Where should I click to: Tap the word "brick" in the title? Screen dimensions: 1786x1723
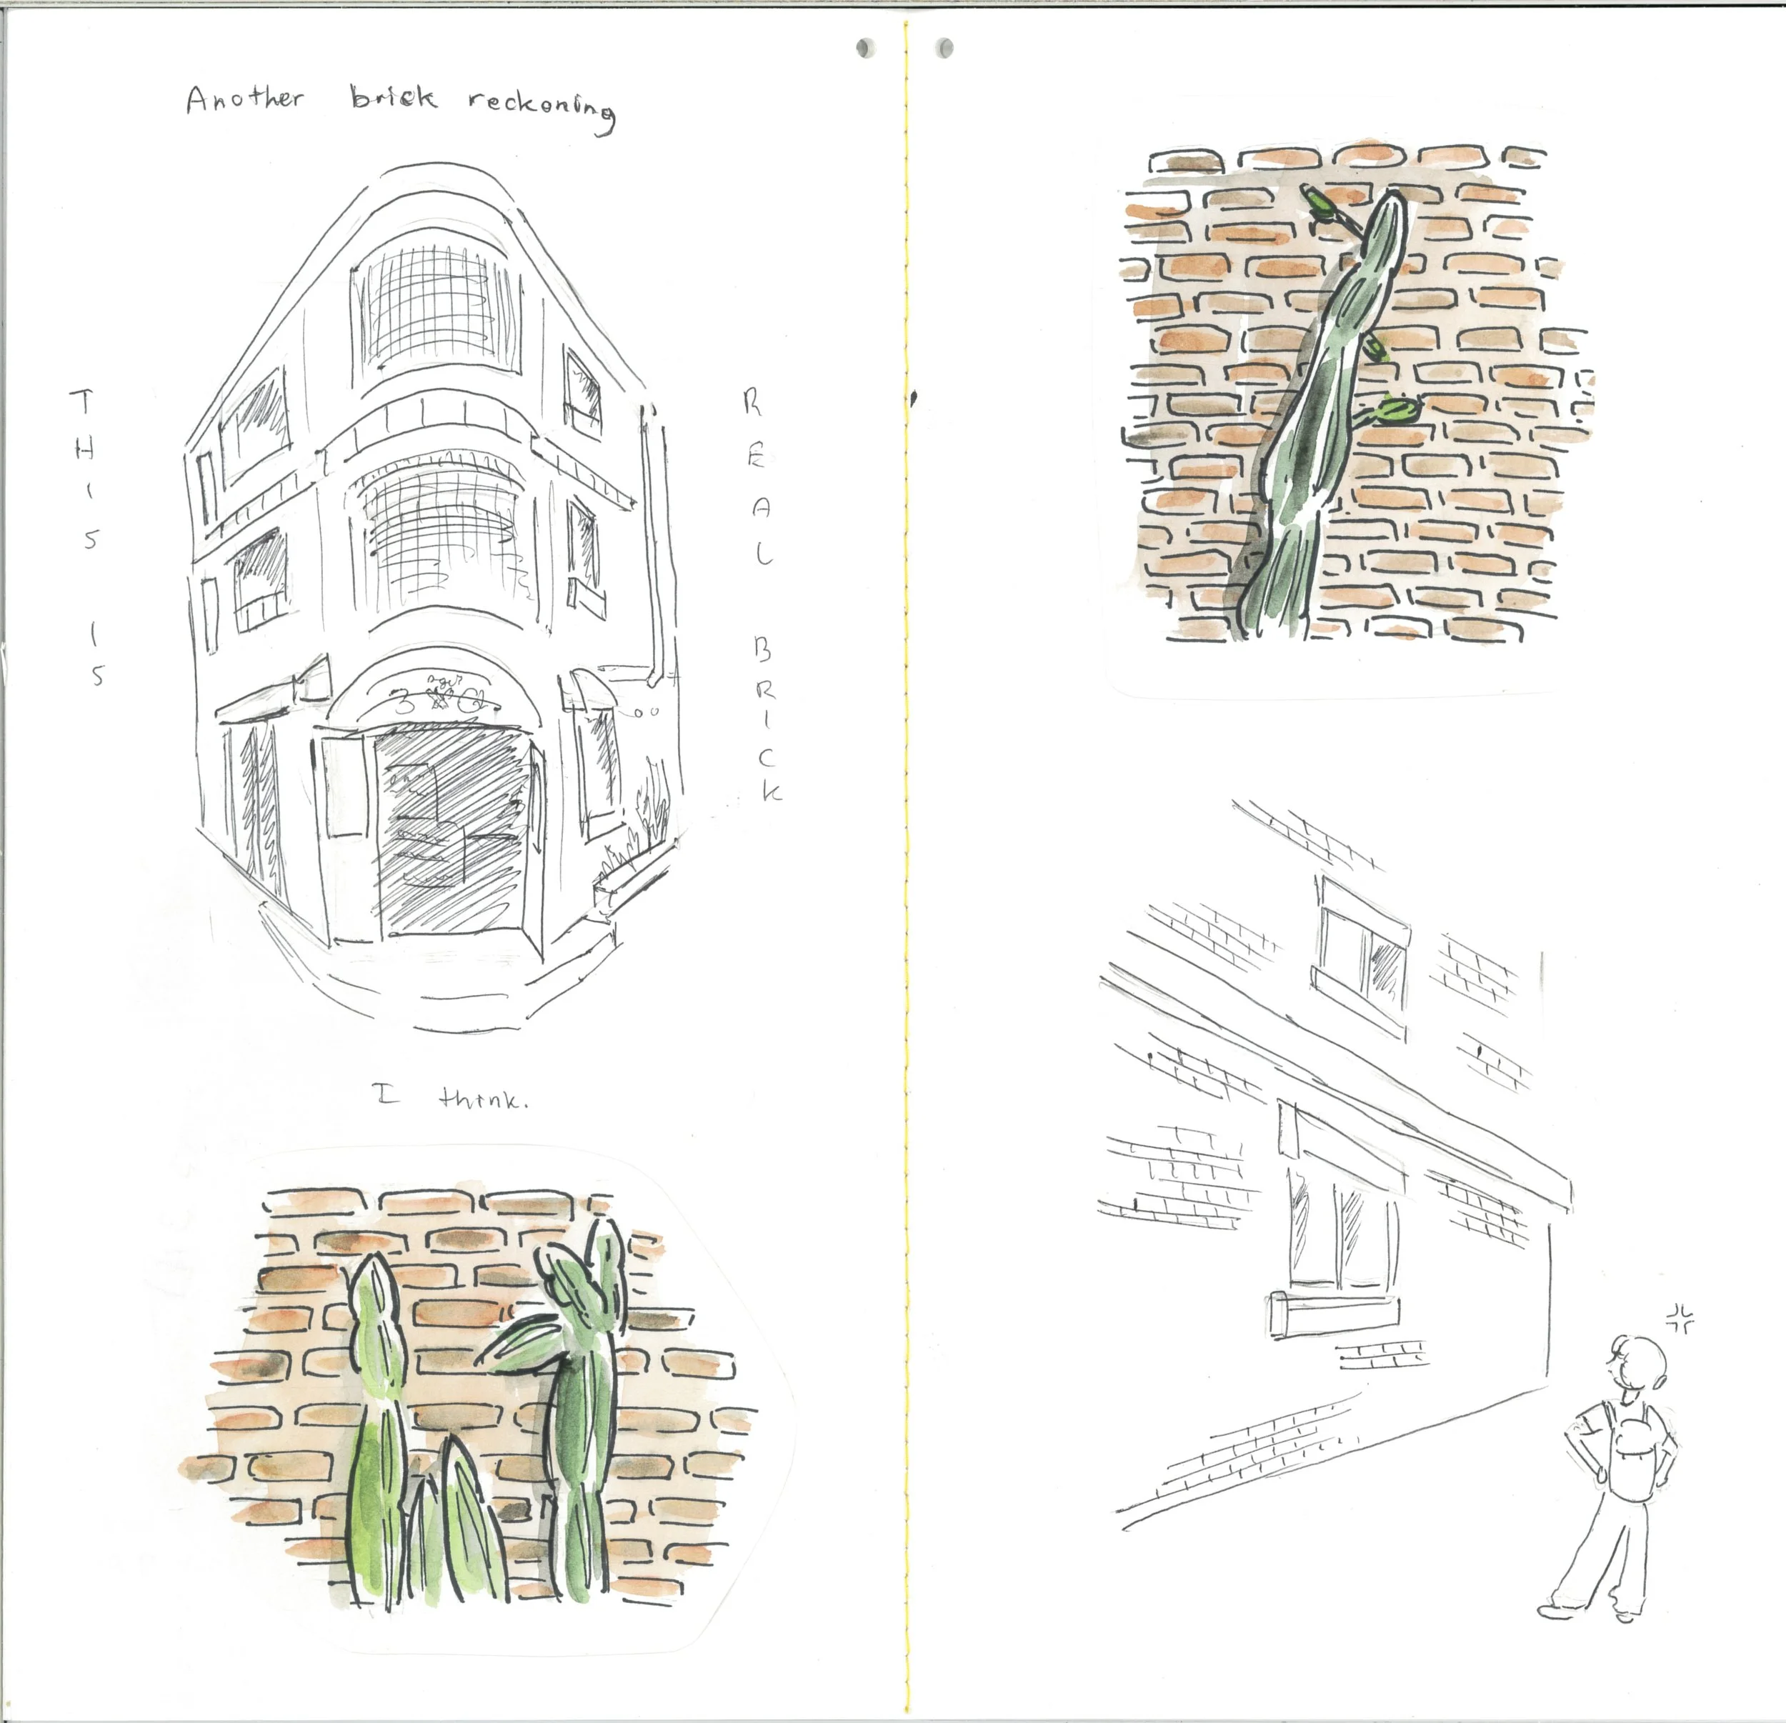tap(394, 97)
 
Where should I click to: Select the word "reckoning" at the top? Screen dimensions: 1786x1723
tap(542, 111)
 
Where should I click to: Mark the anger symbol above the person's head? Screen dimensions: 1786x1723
tap(1678, 1316)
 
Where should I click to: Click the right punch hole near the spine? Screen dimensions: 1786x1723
tap(946, 46)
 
